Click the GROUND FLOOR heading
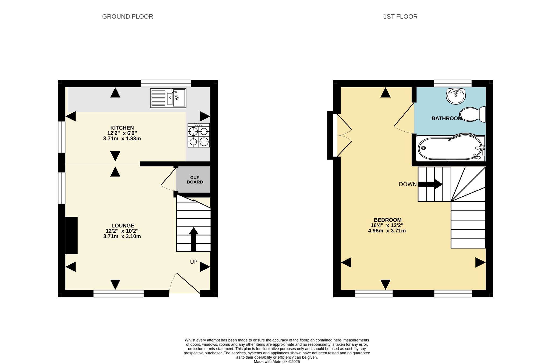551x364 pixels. [128, 17]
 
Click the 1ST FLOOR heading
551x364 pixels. [400, 17]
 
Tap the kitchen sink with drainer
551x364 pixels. [168, 98]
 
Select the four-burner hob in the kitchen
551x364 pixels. [199, 135]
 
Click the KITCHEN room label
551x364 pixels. [122, 128]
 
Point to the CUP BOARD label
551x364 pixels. [195, 180]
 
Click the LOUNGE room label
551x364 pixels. [123, 226]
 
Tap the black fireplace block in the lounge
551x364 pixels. [72, 235]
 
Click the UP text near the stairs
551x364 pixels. [194, 262]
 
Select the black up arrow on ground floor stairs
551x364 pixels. [193, 239]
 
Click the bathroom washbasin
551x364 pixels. [456, 96]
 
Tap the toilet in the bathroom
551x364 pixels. [472, 114]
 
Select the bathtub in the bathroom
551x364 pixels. [451, 148]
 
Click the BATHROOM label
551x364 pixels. [447, 118]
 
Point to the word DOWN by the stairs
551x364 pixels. [408, 184]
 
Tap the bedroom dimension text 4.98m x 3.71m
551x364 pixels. [387, 231]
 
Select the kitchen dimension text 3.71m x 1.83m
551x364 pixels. [122, 139]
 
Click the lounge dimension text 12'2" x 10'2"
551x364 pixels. [122, 231]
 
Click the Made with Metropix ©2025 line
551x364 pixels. [277, 362]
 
